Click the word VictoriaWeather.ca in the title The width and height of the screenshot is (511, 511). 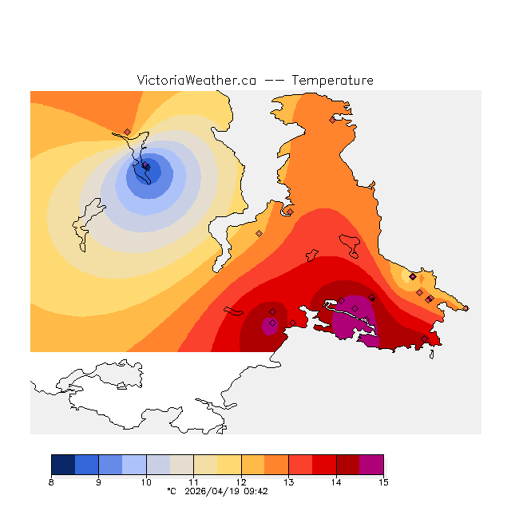[x=196, y=81]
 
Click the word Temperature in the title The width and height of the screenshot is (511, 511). [x=332, y=81]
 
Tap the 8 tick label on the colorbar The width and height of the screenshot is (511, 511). [x=51, y=482]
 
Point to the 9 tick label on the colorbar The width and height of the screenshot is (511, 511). [x=98, y=482]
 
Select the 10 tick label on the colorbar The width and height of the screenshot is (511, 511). [x=146, y=482]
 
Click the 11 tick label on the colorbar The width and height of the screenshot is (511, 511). [x=193, y=482]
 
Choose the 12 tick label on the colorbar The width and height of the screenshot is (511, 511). [x=241, y=482]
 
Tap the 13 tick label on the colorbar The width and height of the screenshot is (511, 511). [x=288, y=482]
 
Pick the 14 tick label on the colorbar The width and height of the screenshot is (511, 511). [x=336, y=482]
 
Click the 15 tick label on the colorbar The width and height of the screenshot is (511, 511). [x=383, y=482]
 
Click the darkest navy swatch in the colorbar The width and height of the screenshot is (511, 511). [x=63, y=465]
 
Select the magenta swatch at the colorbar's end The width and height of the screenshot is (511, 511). [x=371, y=465]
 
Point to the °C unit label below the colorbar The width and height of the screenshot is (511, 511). [x=172, y=492]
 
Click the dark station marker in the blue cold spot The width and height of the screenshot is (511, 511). [x=146, y=167]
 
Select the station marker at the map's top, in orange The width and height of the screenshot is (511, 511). [x=333, y=120]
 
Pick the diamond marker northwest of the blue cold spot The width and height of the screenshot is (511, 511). [x=127, y=133]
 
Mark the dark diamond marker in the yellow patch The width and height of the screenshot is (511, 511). [x=412, y=276]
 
